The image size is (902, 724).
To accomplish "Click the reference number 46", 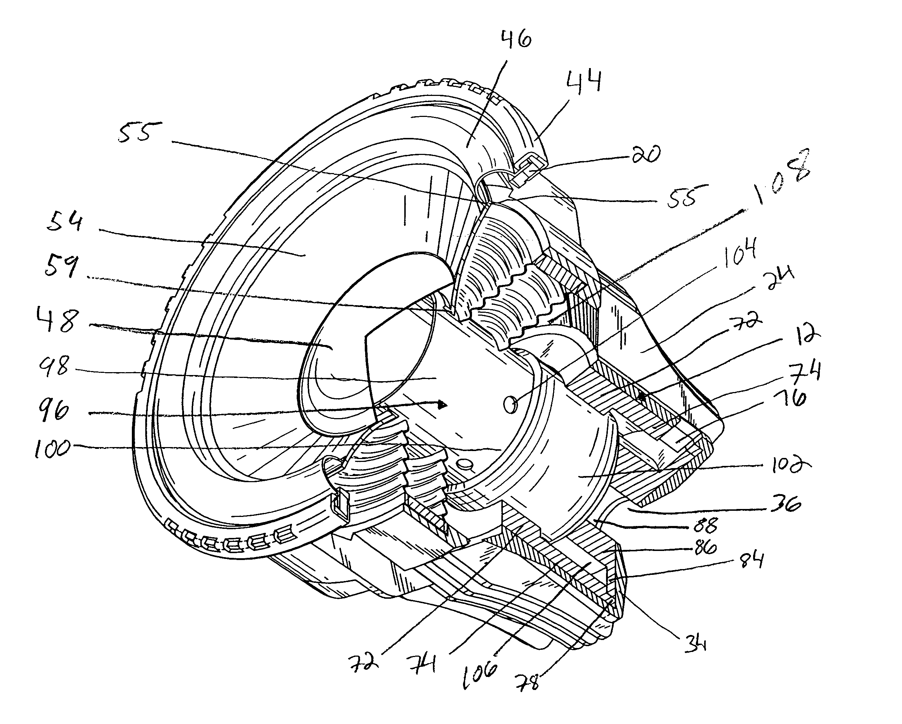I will coord(515,41).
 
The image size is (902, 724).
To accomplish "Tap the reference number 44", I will coord(584,82).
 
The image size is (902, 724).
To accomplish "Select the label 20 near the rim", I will coord(646,155).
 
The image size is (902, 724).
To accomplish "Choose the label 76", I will coord(792,400).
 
